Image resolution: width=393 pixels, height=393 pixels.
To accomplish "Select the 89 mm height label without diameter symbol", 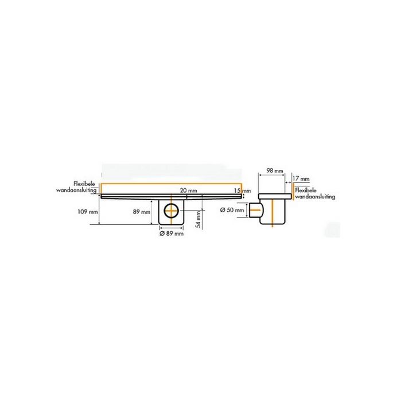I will pos(141,212).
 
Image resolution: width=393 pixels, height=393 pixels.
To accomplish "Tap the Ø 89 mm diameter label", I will pos(172,234).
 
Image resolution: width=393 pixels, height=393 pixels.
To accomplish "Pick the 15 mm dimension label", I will pos(243,190).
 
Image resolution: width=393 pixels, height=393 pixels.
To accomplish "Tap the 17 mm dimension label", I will pos(301,178).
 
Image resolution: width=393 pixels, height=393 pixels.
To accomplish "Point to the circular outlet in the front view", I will pos(171,211).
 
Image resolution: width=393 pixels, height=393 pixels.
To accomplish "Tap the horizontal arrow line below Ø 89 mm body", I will pos(171,228).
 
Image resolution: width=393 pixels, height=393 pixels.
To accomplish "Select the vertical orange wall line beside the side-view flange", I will pos(294,192).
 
